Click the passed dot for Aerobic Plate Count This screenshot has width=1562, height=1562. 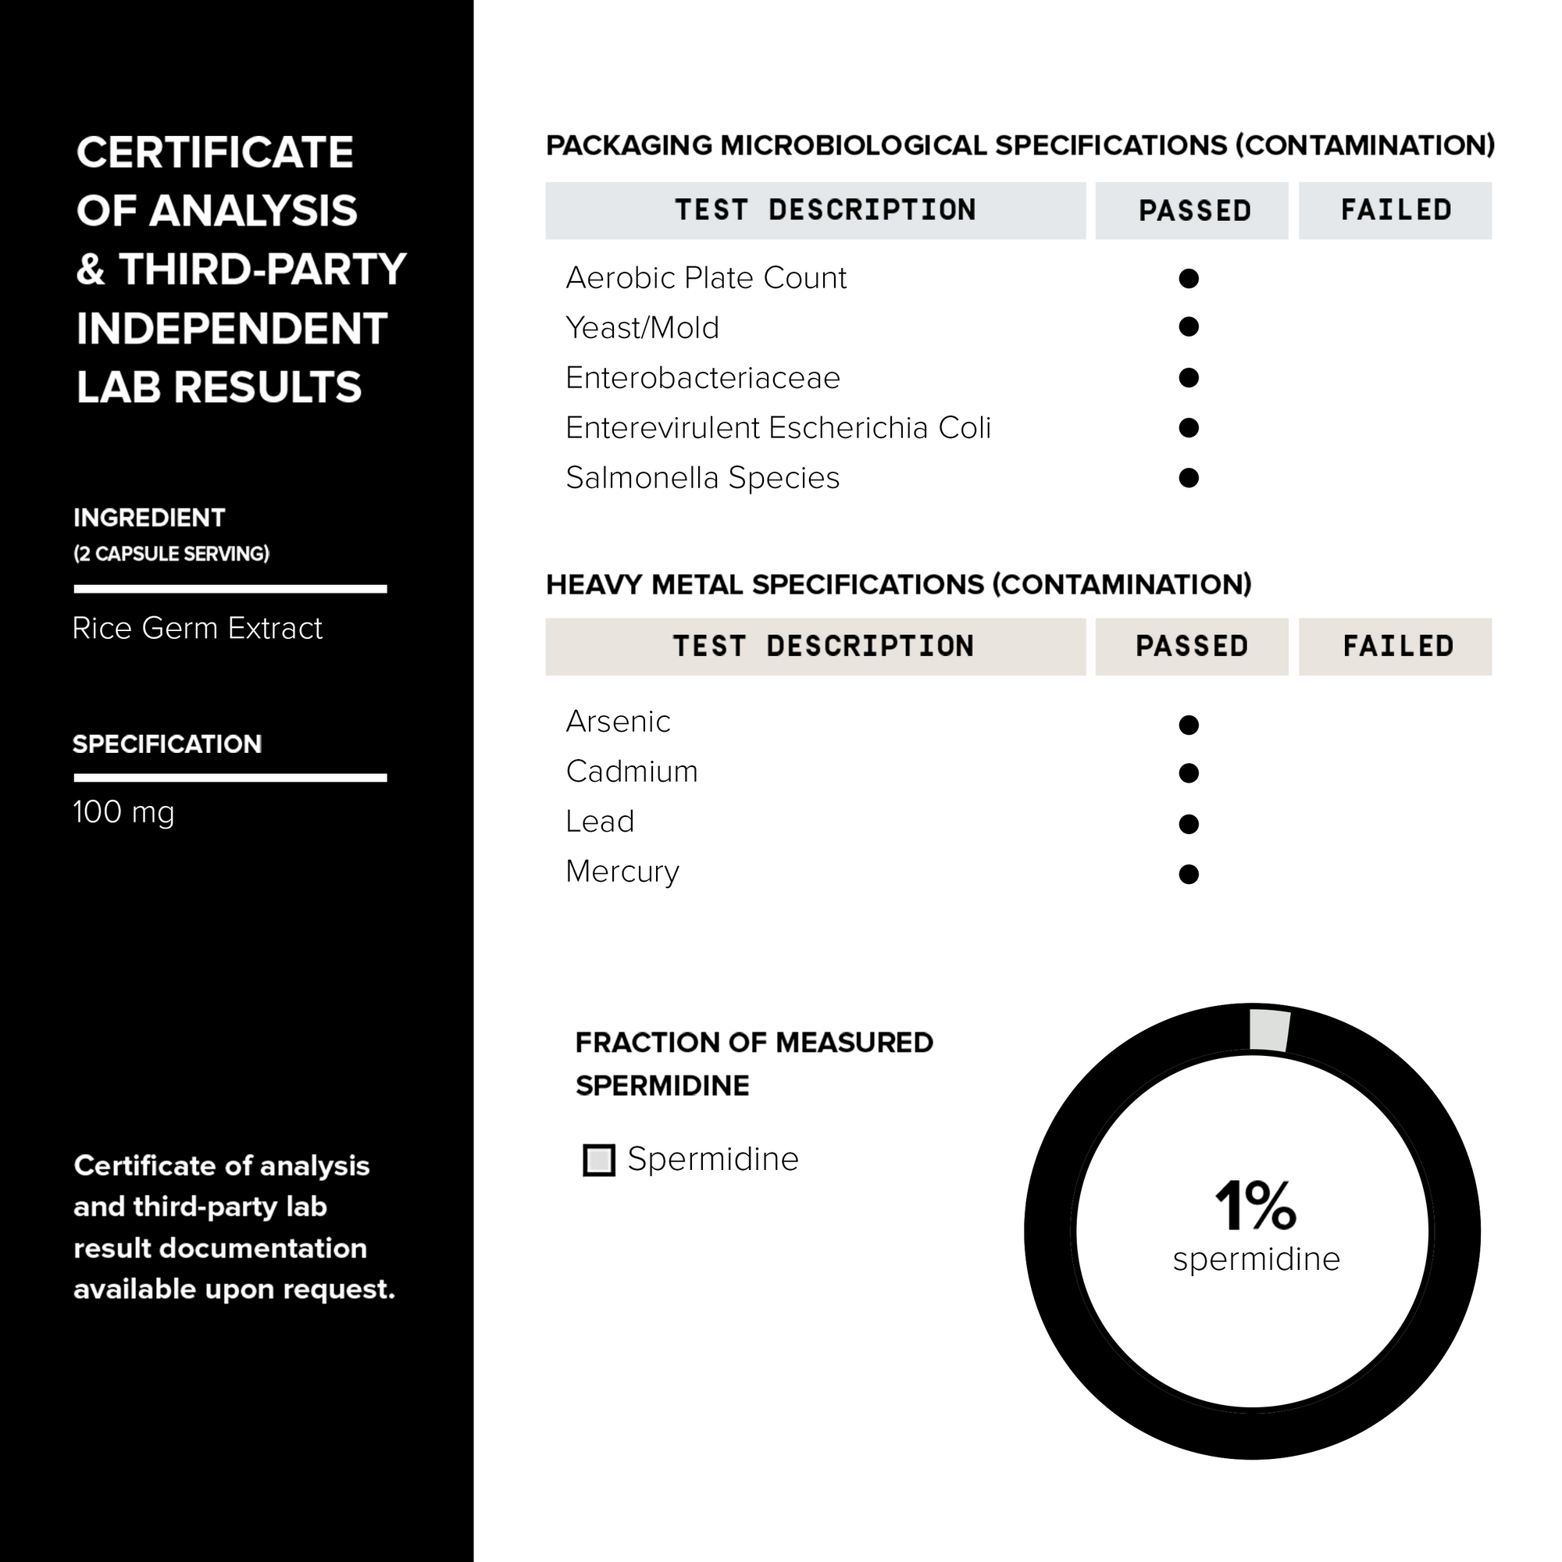1189,278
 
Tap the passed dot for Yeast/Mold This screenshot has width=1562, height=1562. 1189,326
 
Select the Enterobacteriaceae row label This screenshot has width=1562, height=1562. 703,377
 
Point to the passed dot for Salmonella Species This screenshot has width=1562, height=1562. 1189,478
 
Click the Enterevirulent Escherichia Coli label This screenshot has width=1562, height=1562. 778,428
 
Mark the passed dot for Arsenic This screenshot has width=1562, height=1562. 1189,725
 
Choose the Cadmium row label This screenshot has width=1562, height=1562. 631,772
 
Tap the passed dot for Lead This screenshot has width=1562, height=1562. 1189,824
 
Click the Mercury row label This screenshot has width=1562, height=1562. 622,872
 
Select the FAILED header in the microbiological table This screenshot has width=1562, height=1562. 1396,210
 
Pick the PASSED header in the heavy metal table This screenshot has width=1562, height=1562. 1192,646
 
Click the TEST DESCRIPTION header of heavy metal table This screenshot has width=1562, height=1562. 823,646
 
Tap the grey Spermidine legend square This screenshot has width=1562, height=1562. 599,1161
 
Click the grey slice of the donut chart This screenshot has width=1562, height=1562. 1268,1030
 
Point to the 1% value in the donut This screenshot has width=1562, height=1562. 1255,1207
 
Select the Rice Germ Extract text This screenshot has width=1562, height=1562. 198,628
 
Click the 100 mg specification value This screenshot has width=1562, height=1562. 123,811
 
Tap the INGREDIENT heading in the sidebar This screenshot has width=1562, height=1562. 150,518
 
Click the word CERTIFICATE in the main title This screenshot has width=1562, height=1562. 215,152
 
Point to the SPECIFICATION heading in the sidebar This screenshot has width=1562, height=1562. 167,744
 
